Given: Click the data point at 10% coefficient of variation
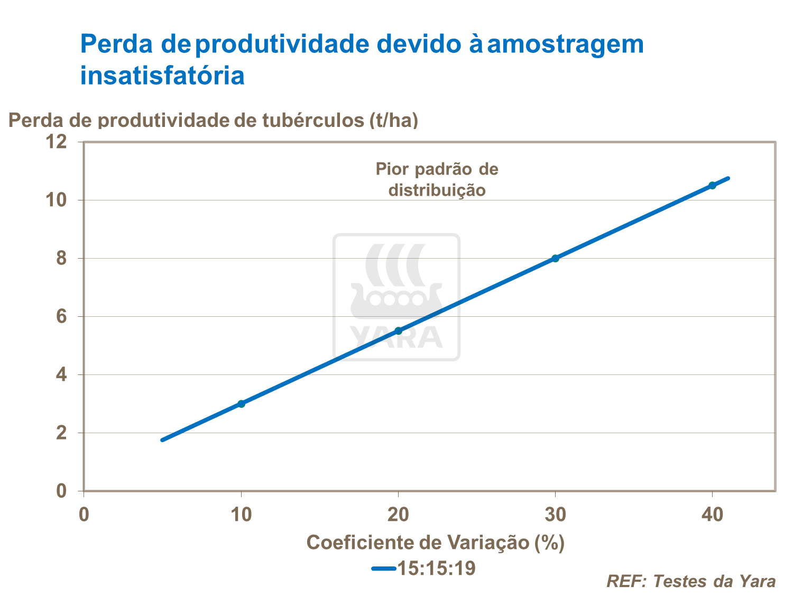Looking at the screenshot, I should click(x=241, y=404).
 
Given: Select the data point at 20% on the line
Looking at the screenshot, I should click(x=399, y=331).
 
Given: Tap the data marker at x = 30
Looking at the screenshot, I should click(x=555, y=258).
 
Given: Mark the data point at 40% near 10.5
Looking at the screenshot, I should click(x=712, y=185).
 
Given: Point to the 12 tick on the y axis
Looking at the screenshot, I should click(x=57, y=142).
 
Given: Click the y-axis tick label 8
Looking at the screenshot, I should click(x=61, y=258).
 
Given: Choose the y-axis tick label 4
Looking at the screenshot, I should click(x=61, y=375).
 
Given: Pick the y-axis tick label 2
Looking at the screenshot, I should click(x=61, y=433).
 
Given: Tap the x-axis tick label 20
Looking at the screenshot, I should click(x=399, y=515).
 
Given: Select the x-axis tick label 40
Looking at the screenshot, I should click(x=712, y=515).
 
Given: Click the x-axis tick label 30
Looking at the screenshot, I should click(x=555, y=515).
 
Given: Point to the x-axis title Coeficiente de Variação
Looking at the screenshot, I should click(x=435, y=543).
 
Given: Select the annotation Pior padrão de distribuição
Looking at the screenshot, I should click(x=437, y=179).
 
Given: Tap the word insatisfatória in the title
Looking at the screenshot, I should click(x=162, y=75).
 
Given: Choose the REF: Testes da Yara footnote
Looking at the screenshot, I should click(x=691, y=581).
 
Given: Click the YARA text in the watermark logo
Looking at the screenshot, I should click(x=396, y=337).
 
